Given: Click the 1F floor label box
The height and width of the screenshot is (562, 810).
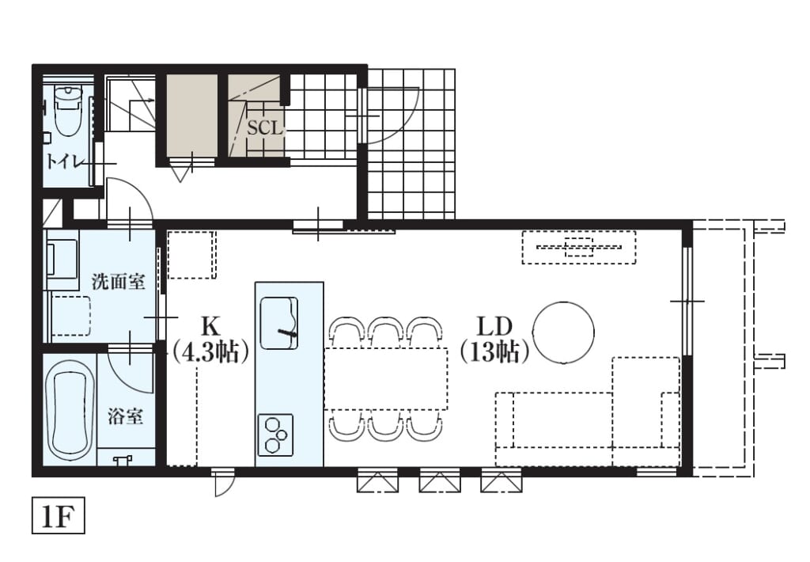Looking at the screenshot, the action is click(x=58, y=515).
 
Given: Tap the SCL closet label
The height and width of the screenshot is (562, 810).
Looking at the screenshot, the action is click(x=265, y=127).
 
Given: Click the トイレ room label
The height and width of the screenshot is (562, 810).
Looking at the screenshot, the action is click(x=64, y=161).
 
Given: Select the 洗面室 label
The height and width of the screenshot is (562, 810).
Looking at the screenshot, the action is click(x=119, y=281).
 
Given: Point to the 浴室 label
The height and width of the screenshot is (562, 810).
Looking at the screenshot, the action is click(x=126, y=416).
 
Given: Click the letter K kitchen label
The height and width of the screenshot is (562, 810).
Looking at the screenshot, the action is click(x=210, y=326).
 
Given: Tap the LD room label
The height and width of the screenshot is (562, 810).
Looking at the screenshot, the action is click(x=494, y=326).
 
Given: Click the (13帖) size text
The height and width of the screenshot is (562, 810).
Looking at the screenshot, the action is click(x=495, y=352).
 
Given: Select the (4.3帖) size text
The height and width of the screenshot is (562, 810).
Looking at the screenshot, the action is click(x=210, y=352).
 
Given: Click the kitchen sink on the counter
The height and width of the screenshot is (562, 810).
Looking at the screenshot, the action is click(x=279, y=323).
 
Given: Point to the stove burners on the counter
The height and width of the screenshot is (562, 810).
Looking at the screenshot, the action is click(x=274, y=435).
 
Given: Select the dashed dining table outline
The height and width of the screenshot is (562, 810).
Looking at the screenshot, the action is click(x=386, y=378).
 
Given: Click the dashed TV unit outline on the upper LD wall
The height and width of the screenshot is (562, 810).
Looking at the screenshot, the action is click(x=578, y=247).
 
